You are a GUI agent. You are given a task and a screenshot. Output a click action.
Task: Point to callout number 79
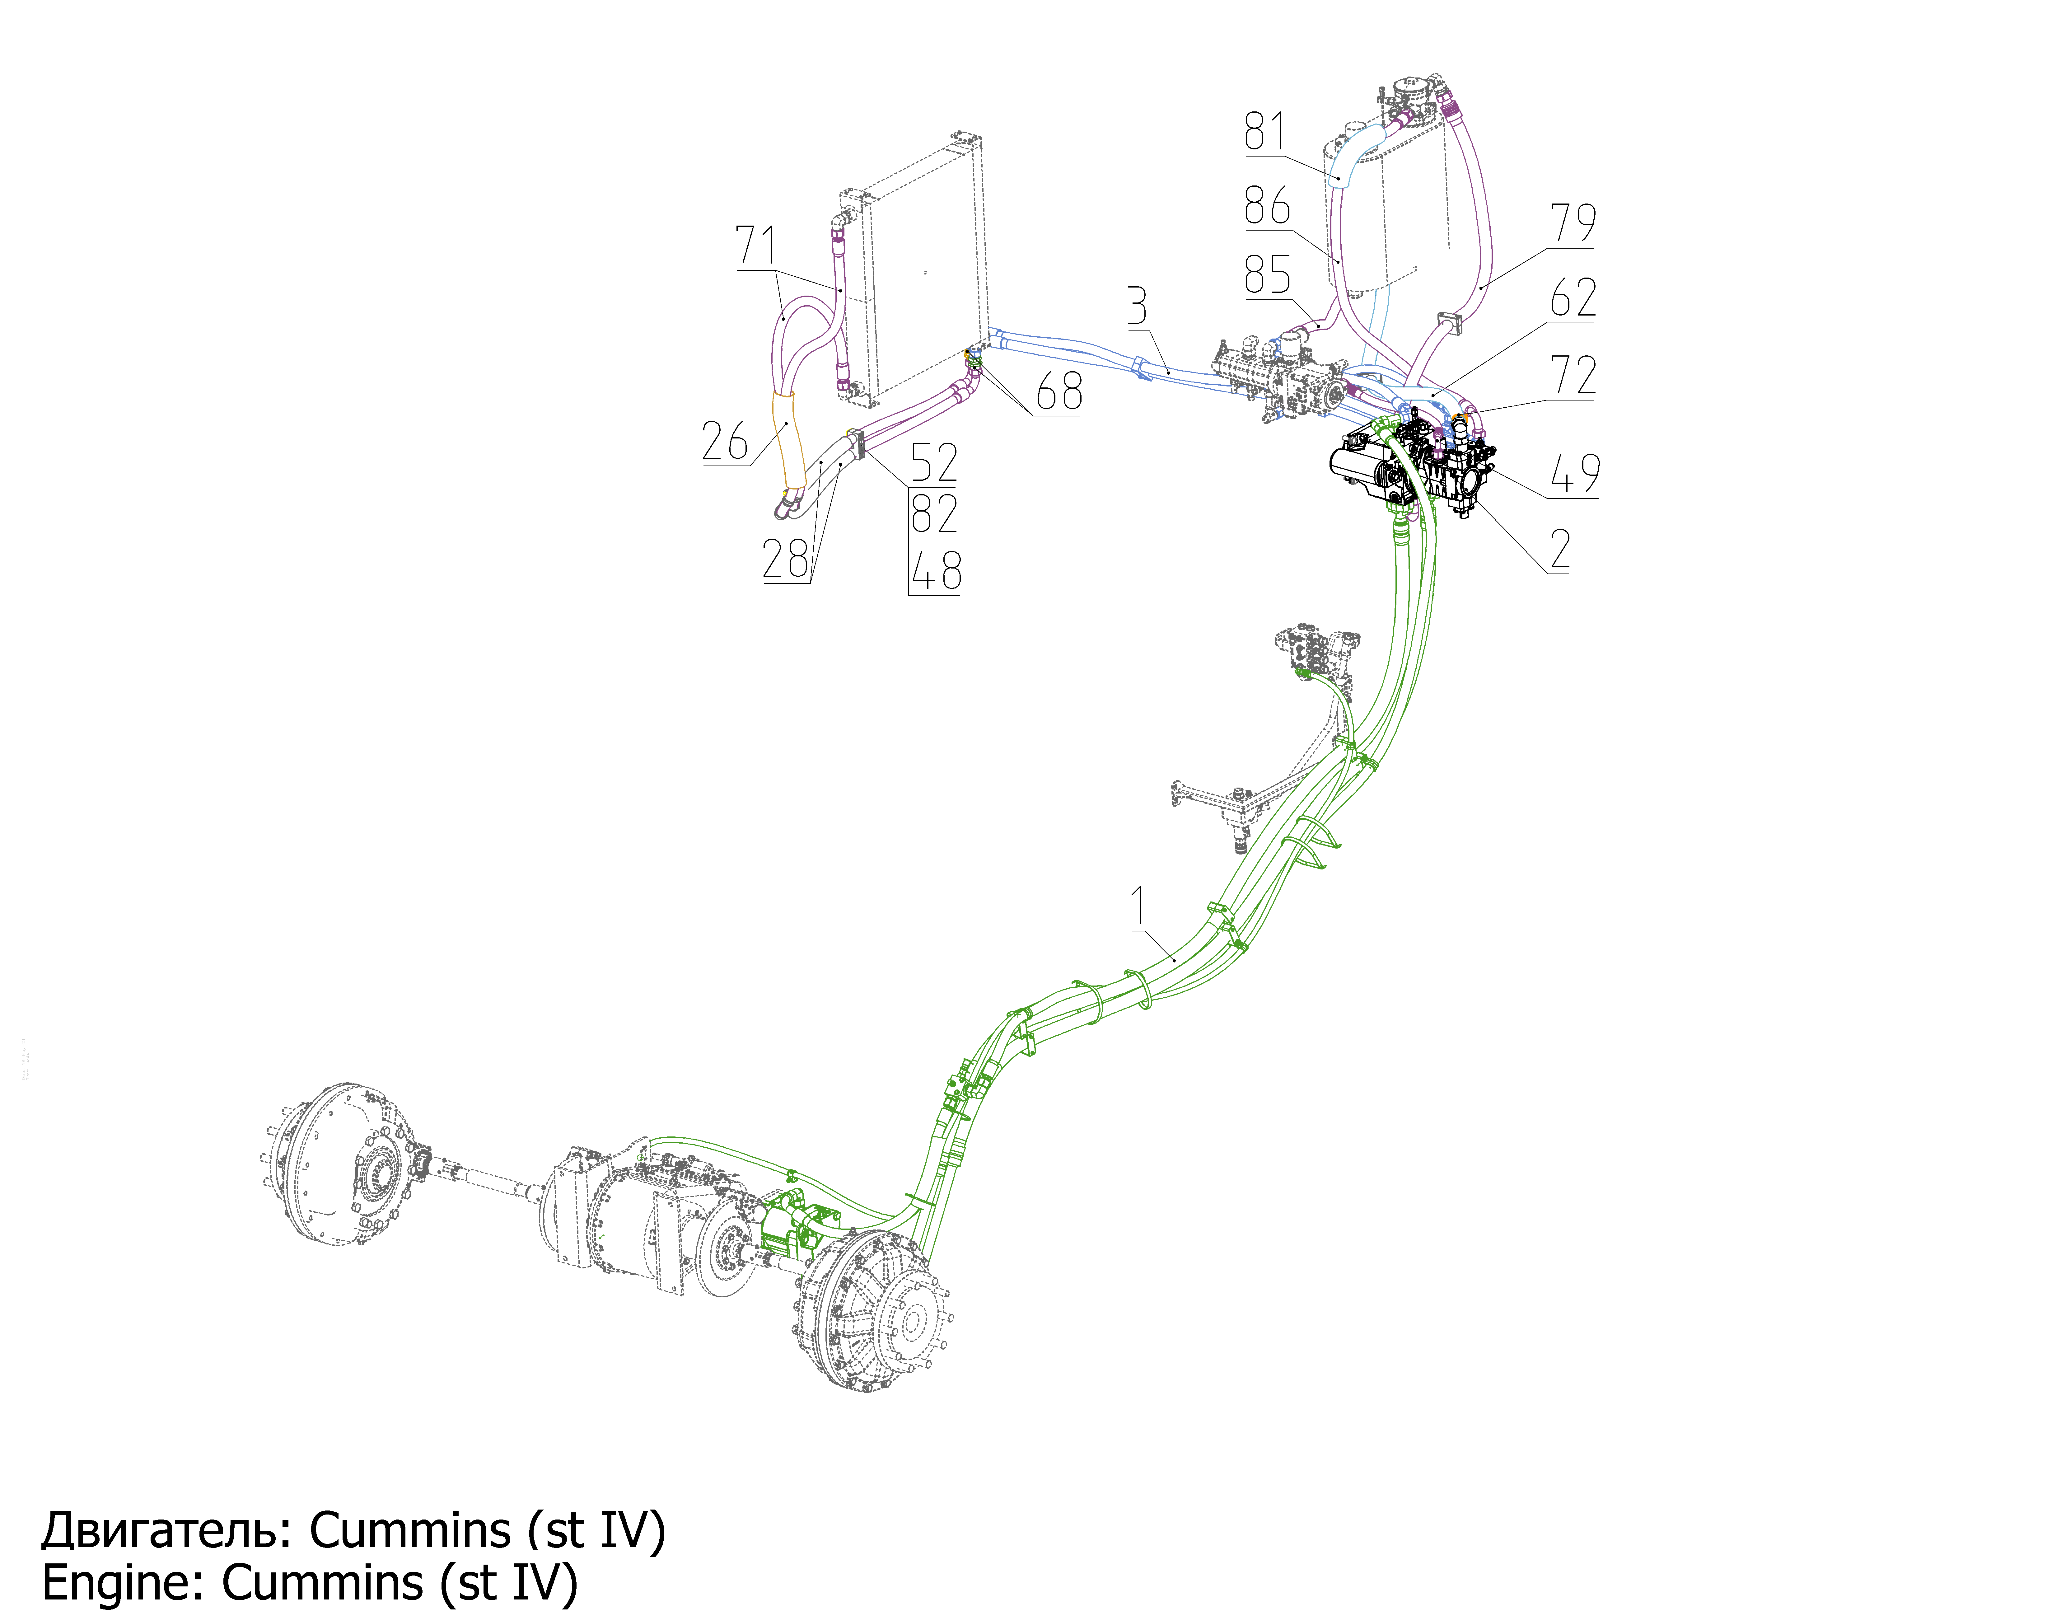1573,224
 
